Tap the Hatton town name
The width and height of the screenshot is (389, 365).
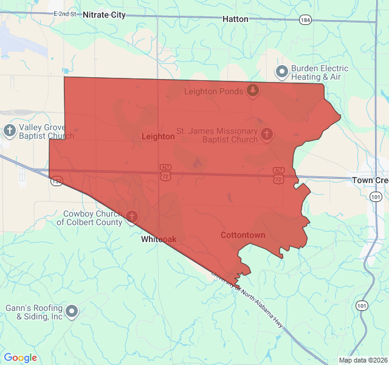[235, 19]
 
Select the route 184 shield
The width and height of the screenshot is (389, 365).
[306, 20]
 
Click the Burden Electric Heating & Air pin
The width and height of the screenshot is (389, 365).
[282, 72]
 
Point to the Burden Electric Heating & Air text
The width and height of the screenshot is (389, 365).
[319, 73]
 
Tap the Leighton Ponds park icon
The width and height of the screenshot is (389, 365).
[253, 91]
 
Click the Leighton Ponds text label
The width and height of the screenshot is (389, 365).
[214, 92]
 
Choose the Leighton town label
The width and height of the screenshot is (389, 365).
[158, 137]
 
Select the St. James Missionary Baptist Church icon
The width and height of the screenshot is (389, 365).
[266, 134]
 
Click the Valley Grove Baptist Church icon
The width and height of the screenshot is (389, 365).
[9, 130]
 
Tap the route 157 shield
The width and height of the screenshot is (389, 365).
[57, 181]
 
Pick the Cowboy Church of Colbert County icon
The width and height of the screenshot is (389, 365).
[131, 217]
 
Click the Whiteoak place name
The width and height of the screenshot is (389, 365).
[159, 240]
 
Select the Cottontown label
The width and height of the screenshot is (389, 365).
[243, 235]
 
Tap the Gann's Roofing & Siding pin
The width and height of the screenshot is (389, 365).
[72, 312]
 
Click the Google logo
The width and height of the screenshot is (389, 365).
[20, 358]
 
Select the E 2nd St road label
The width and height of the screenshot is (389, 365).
[66, 13]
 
